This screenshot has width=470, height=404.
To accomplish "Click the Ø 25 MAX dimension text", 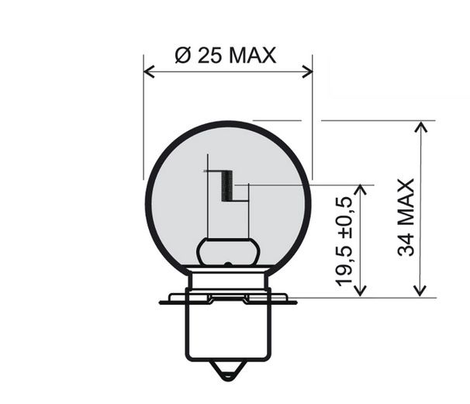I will pyautogui.click(x=226, y=55).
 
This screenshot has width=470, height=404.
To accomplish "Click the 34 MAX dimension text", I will pyautogui.click(x=405, y=217).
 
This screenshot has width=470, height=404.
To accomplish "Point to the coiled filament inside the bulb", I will pyautogui.click(x=226, y=186).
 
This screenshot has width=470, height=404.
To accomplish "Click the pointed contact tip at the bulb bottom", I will pyautogui.click(x=227, y=373).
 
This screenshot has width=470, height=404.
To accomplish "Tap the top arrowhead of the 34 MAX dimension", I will pyautogui.click(x=420, y=126).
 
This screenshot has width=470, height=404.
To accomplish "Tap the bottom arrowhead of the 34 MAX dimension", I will pyautogui.click(x=420, y=290).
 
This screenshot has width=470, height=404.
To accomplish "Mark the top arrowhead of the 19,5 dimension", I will pyautogui.click(x=360, y=190).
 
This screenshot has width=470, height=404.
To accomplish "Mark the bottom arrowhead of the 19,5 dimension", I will pyautogui.click(x=360, y=290).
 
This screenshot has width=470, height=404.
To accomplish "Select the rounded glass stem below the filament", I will pyautogui.click(x=227, y=251).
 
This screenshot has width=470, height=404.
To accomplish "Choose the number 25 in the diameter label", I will pyautogui.click(x=208, y=55).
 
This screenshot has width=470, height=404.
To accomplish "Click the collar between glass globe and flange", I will pyautogui.click(x=227, y=279).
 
